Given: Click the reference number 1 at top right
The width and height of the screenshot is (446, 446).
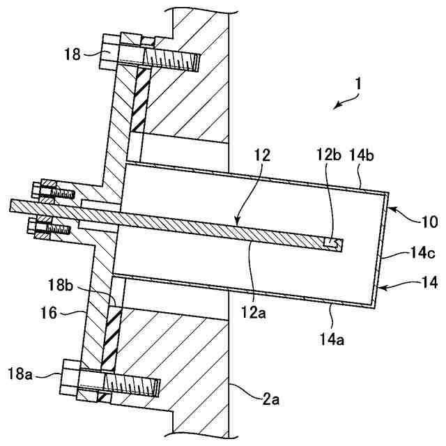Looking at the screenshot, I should click(x=357, y=83).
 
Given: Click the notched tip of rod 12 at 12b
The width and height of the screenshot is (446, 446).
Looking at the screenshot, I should click(x=332, y=243).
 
